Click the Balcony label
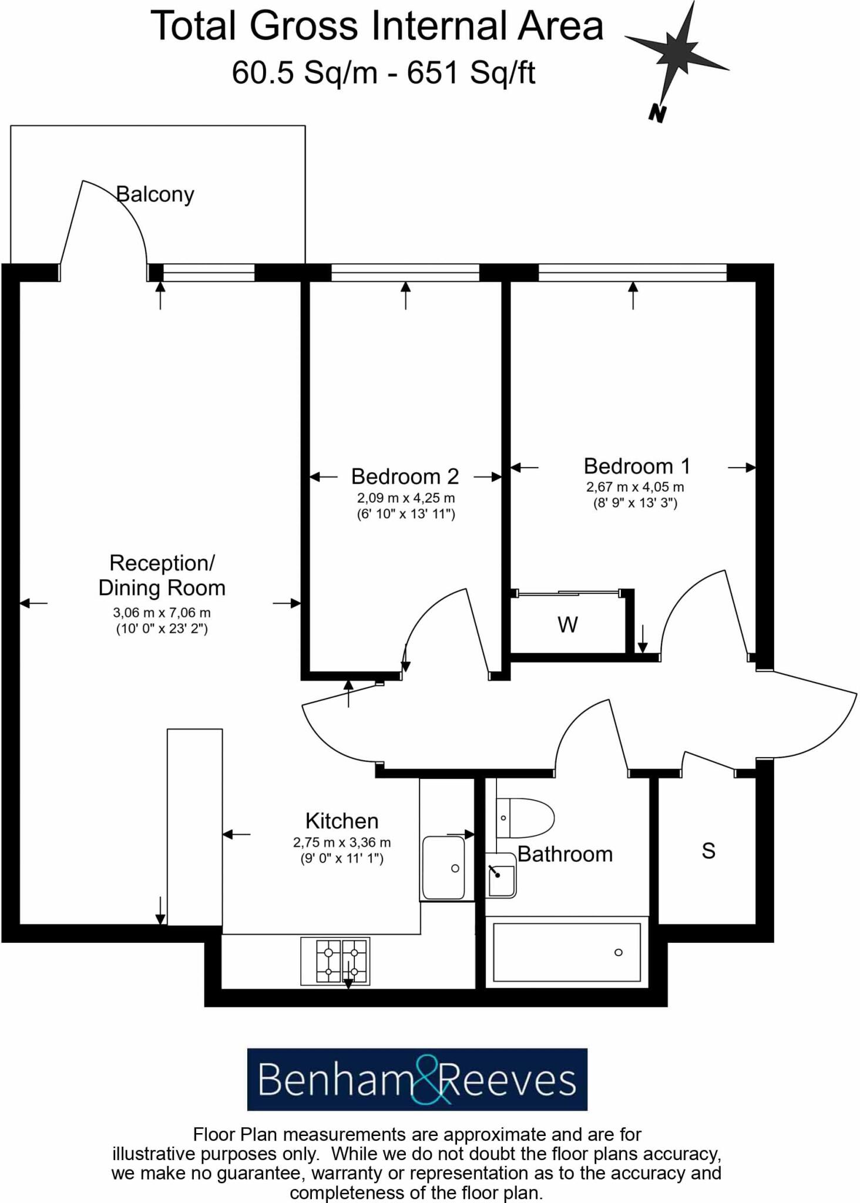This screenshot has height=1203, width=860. tap(155, 194)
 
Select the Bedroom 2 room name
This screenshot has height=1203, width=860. tap(405, 476)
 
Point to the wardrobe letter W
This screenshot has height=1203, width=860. tap(567, 624)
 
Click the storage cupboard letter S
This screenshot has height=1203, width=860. tap(708, 851)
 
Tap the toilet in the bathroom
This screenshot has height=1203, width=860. tap(525, 818)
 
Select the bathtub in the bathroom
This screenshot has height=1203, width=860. tap(566, 952)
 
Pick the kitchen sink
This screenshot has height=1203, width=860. tap(444, 868)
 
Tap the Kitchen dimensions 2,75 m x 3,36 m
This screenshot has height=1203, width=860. tap(342, 842)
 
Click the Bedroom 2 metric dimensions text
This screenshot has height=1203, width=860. tap(406, 498)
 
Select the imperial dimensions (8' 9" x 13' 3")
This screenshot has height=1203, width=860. tap(635, 503)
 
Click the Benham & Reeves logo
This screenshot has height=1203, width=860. tap(417, 1080)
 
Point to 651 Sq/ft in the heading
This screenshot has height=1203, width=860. tap(471, 73)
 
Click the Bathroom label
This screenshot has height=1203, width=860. tap(565, 854)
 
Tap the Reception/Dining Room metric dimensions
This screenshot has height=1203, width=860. tap(162, 613)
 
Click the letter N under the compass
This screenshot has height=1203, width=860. tap(657, 113)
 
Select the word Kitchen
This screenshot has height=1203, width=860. tap(342, 821)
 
